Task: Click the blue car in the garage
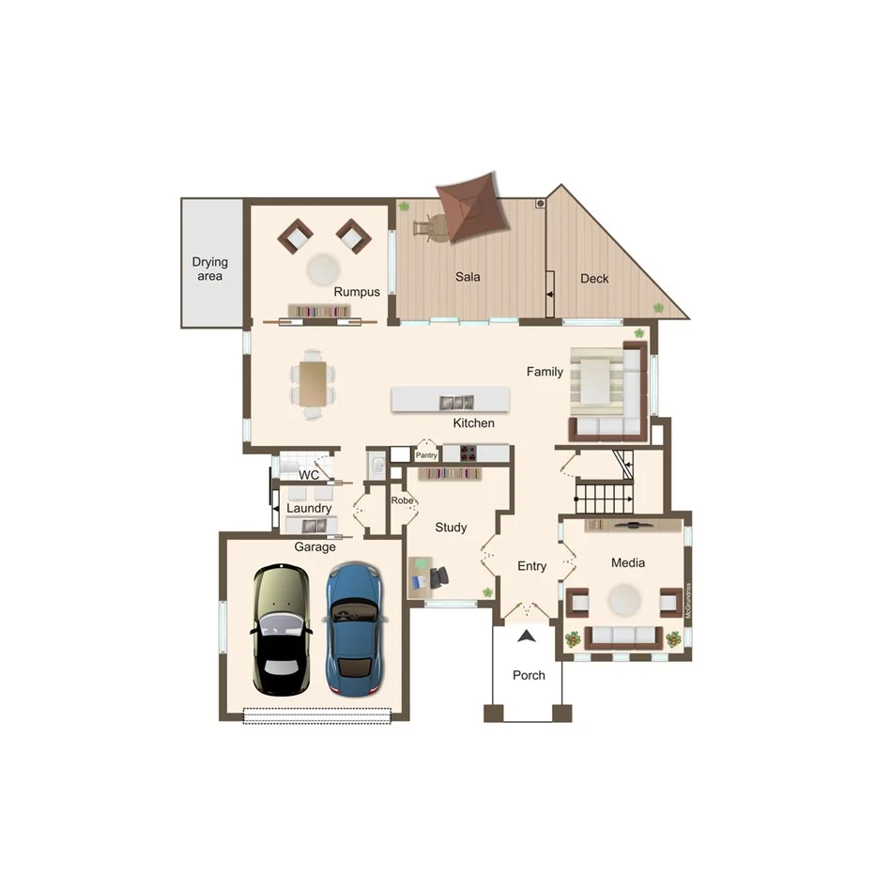pyautogui.click(x=353, y=626)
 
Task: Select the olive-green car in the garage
pyautogui.click(x=281, y=628)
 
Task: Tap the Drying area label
pyautogui.click(x=210, y=269)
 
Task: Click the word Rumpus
pyautogui.click(x=357, y=292)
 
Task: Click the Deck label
pyautogui.click(x=594, y=278)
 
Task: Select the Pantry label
pyautogui.click(x=427, y=455)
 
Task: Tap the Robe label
pyautogui.click(x=403, y=500)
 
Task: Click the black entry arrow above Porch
pyautogui.click(x=528, y=636)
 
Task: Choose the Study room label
pyautogui.click(x=451, y=528)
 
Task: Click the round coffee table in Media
pyautogui.click(x=624, y=599)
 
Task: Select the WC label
pyautogui.click(x=309, y=475)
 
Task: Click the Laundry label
pyautogui.click(x=309, y=508)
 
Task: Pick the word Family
pyautogui.click(x=545, y=372)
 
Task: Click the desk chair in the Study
pyautogui.click(x=437, y=577)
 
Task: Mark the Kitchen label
pyautogui.click(x=473, y=423)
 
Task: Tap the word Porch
pyautogui.click(x=529, y=675)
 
